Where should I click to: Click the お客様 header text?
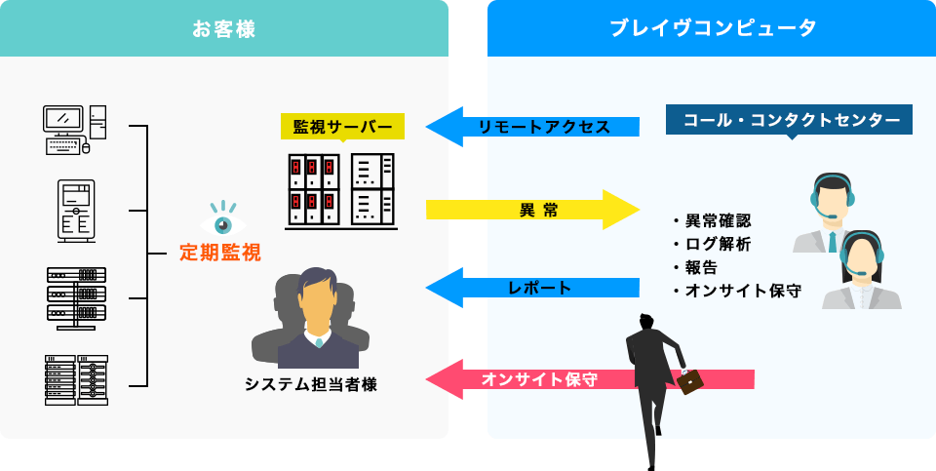(224, 29)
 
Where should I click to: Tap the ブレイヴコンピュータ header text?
(713, 29)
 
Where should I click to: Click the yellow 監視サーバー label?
(342, 128)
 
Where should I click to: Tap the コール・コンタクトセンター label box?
(791, 120)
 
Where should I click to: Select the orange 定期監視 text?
(220, 254)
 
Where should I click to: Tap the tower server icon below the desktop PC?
(76, 211)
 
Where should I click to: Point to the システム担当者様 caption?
(311, 383)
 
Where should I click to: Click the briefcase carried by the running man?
(690, 380)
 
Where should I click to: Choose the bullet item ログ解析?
(717, 244)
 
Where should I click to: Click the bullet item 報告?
(699, 267)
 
